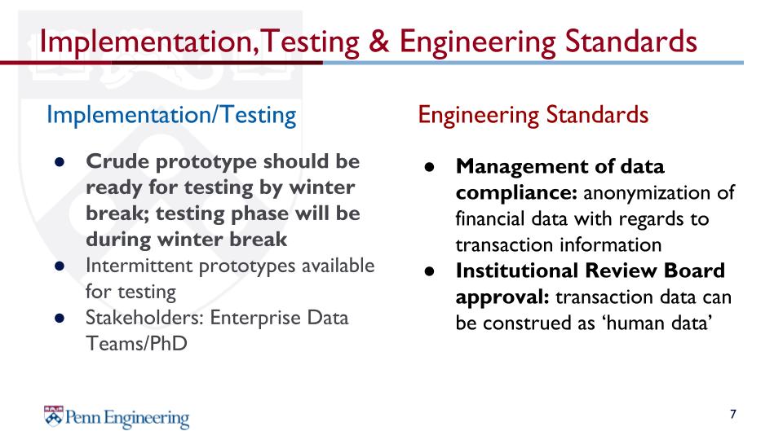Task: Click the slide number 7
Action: click(x=732, y=414)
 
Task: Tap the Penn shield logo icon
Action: click(x=54, y=416)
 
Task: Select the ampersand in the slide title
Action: click(x=379, y=41)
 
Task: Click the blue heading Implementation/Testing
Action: click(x=171, y=115)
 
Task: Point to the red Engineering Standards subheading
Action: click(x=533, y=115)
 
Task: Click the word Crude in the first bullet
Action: click(x=117, y=161)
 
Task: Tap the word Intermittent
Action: click(x=139, y=266)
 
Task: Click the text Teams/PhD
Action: click(x=136, y=343)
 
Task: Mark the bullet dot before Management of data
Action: click(x=430, y=167)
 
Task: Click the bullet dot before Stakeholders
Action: click(x=60, y=319)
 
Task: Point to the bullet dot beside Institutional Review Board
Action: click(x=430, y=271)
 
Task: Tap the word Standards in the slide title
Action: click(x=630, y=41)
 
